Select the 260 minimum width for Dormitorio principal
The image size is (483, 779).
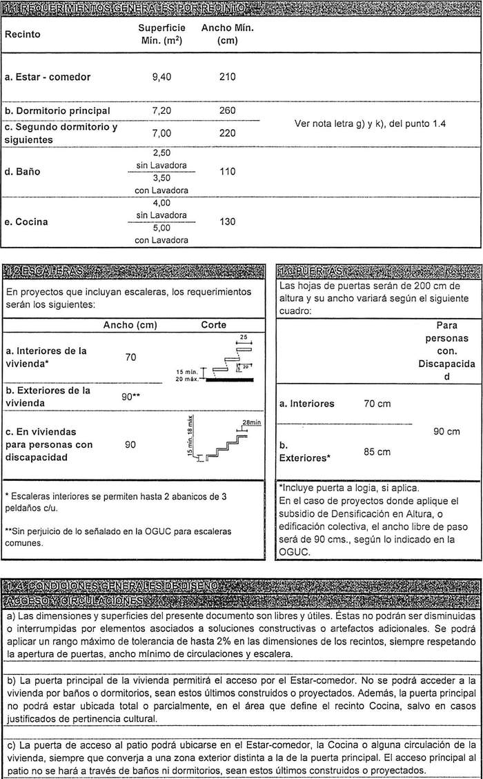pos(227,110)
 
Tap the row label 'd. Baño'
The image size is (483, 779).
pos(22,171)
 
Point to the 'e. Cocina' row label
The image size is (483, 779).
pos(27,222)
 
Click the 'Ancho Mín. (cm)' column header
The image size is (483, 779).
pos(227,34)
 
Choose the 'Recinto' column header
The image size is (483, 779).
pos(23,34)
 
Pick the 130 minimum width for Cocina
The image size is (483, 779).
pos(227,221)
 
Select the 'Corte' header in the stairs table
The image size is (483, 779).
pos(214,325)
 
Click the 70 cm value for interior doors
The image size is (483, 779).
pos(377,404)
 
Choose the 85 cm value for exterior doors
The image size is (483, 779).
pos(377,452)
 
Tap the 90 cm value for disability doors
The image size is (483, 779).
pos(446,431)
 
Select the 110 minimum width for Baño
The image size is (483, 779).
pos(227,171)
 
